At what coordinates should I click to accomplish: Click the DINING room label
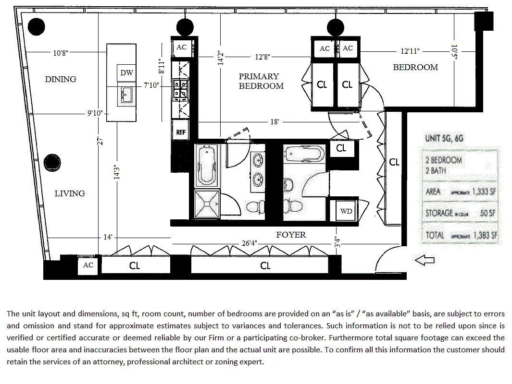[x=61, y=79]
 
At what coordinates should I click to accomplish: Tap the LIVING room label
[x=69, y=193]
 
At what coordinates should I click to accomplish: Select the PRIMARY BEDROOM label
[x=260, y=81]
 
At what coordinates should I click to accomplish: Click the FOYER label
[x=291, y=235]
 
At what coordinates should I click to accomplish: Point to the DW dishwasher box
[x=126, y=73]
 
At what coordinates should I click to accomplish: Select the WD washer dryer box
[x=346, y=211]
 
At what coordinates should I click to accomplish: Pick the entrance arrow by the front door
[x=425, y=260]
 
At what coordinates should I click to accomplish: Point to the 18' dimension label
[x=274, y=122]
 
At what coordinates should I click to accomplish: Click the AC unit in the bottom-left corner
[x=88, y=265]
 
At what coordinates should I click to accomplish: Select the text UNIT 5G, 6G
[x=445, y=139]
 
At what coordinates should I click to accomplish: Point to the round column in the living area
[x=51, y=163]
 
